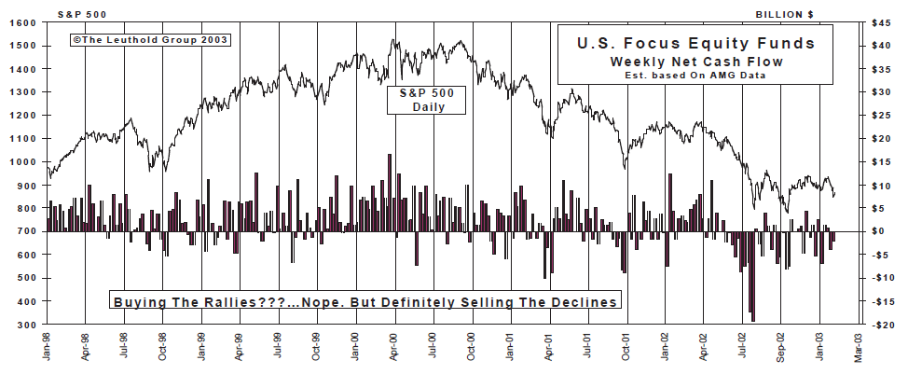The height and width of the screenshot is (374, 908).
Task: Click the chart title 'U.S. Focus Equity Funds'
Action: (x=696, y=43)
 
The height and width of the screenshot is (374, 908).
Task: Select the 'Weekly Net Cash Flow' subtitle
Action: (x=696, y=61)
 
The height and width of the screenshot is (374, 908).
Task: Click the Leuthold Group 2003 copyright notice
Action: (x=148, y=40)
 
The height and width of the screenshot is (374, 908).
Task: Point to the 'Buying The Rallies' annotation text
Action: (x=365, y=302)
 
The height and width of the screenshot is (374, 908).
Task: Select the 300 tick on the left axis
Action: (x=25, y=325)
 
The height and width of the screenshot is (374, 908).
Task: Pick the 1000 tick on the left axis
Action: (x=22, y=161)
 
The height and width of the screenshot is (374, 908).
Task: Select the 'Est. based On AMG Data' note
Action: (x=696, y=75)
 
